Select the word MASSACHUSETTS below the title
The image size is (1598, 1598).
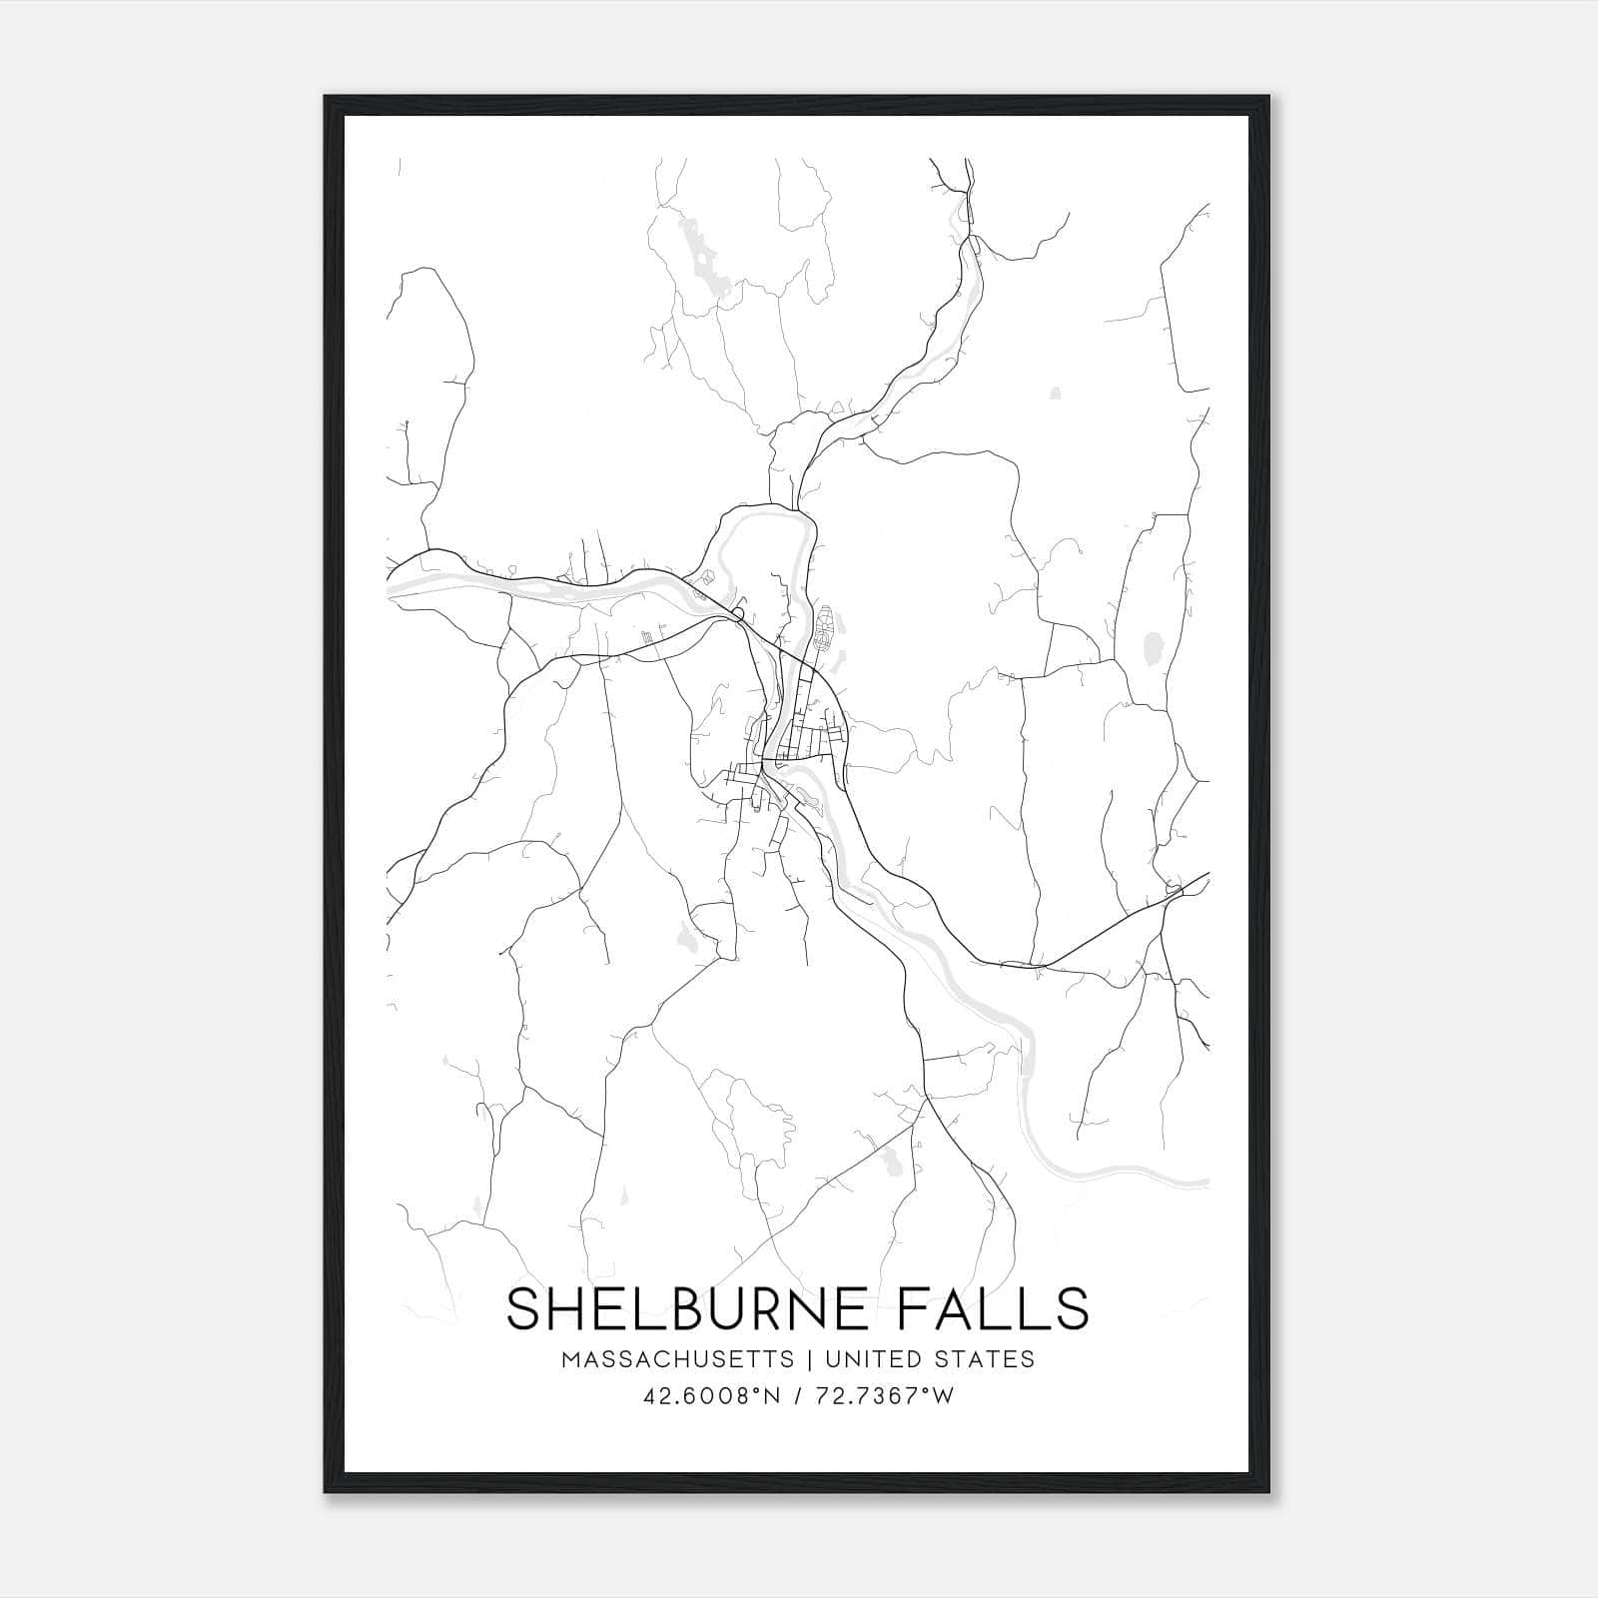coord(677,1359)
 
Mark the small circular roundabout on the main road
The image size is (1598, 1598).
coord(737,612)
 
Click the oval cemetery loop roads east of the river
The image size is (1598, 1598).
coord(825,629)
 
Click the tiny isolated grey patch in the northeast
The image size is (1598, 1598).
coord(1056,394)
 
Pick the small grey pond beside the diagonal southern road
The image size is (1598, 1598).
coord(889,1162)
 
